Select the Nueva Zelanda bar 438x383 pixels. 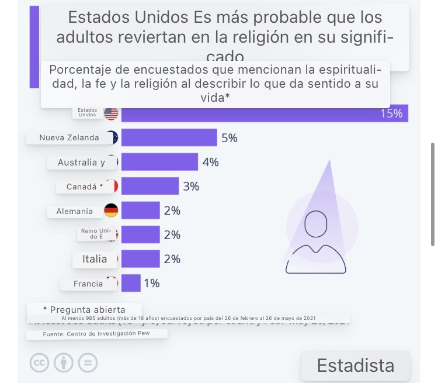(169, 138)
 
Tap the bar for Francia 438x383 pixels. (131, 284)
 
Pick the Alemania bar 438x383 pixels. (140, 211)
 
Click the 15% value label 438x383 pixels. (391, 113)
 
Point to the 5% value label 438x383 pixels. (229, 138)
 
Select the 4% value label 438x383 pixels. (210, 162)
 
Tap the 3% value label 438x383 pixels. (191, 187)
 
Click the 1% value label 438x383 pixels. (151, 284)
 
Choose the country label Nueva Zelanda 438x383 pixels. (69, 138)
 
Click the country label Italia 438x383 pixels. (94, 259)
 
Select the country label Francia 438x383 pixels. (88, 284)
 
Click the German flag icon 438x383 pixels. (111, 211)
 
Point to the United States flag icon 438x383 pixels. (111, 113)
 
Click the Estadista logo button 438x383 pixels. (355, 365)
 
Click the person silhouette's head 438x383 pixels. (317, 223)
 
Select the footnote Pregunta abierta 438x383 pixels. (84, 309)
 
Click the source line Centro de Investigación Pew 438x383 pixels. (96, 334)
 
